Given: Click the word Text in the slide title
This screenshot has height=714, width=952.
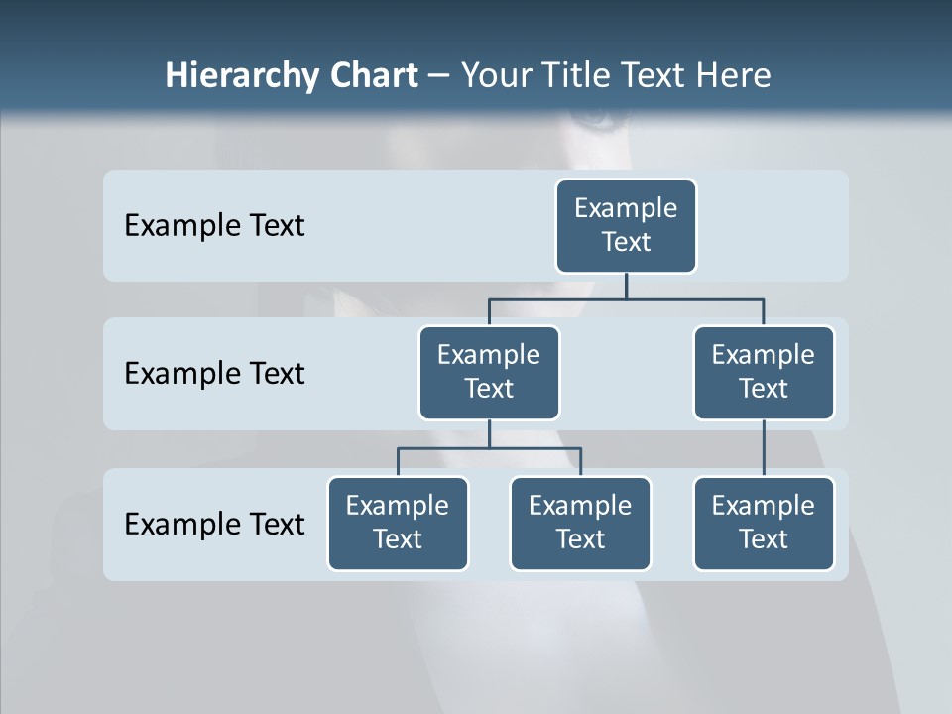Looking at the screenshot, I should tap(655, 76).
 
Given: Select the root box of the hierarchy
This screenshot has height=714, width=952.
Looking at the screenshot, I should tap(626, 226).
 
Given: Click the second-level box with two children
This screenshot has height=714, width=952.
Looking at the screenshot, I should tap(489, 373).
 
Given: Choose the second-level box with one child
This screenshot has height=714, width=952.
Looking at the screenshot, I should tap(764, 373).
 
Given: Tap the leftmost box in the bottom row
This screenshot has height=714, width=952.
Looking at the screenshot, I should tap(398, 524).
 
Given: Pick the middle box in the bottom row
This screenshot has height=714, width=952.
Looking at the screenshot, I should tap(580, 524).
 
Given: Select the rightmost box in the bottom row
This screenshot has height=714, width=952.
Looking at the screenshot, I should tap(764, 524).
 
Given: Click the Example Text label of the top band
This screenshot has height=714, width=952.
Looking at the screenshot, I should tap(214, 226).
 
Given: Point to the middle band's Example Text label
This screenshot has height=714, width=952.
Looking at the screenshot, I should tap(214, 374).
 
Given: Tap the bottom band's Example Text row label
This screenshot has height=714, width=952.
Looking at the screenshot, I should tap(214, 524).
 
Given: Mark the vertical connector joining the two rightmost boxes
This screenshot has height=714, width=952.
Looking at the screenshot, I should tap(764, 448).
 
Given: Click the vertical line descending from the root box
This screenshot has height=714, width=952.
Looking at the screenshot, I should tap(626, 286).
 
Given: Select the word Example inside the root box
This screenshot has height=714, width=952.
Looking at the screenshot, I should tap(626, 209).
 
